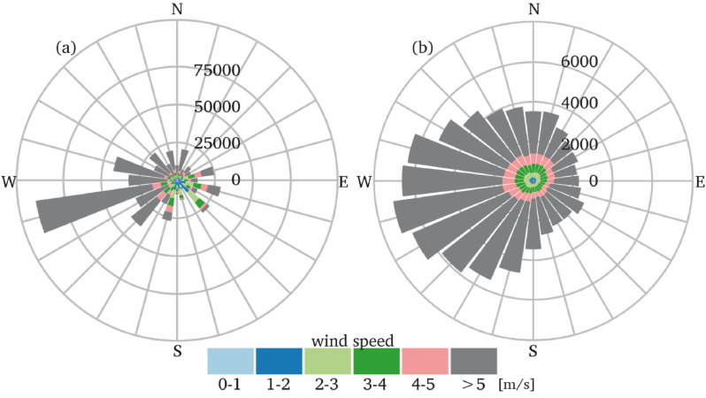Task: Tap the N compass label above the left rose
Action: coord(178,9)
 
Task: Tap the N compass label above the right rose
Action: coord(533,9)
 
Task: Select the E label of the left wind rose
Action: coord(343,183)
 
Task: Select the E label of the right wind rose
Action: coord(699,183)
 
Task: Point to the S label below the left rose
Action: coord(178,352)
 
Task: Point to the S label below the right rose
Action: coord(533,352)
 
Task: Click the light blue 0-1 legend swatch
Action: coord(231,361)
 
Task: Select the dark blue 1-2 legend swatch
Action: coord(280,361)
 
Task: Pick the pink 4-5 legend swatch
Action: coord(426,361)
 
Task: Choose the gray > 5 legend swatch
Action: coord(474,361)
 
